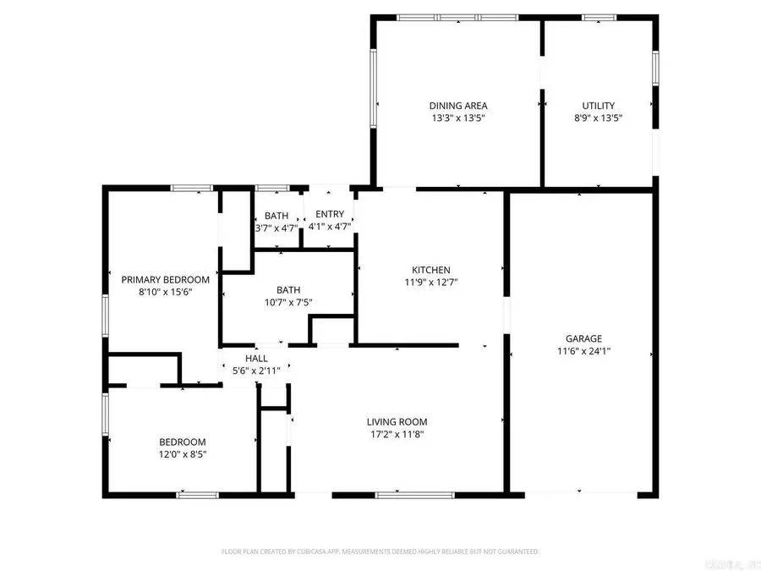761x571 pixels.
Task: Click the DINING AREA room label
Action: point(457,106)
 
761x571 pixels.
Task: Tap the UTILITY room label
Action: point(598,106)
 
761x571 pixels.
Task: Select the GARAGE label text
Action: point(579,338)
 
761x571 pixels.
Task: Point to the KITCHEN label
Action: point(431,270)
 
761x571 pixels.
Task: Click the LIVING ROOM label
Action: point(397,421)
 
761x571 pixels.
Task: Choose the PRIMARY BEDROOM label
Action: point(165,279)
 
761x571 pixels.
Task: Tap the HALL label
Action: point(257,358)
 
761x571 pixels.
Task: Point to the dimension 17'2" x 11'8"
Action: point(397,434)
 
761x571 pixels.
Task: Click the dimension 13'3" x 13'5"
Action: point(457,118)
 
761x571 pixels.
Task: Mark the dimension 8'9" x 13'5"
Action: point(598,118)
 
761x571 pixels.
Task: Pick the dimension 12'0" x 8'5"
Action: point(183,454)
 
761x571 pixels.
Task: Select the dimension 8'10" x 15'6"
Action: point(165,292)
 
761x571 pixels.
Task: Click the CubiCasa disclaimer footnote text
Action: point(380,552)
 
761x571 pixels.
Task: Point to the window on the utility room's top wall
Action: point(599,17)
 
